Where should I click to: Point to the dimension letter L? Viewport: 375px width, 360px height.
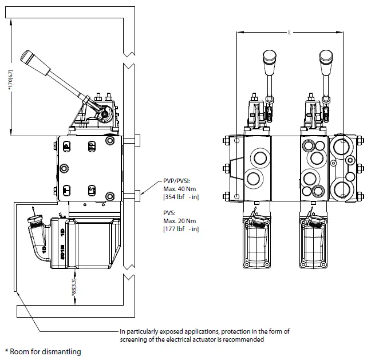[290, 33]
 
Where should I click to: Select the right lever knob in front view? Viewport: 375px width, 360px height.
[326, 58]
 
